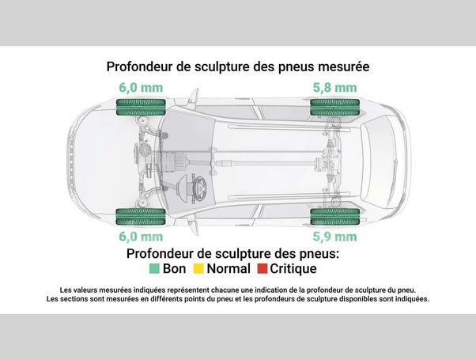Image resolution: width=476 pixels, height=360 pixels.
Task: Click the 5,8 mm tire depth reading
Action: pos(334,88)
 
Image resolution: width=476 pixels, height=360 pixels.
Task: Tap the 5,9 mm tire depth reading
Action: pos(334,237)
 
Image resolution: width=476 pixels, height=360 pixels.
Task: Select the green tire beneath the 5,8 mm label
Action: pos(334,107)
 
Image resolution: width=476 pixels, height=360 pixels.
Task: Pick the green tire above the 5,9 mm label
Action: pos(334,217)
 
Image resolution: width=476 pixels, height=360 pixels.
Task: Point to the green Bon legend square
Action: pos(154,268)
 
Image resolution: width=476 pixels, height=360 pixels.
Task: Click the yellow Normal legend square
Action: pos(198,268)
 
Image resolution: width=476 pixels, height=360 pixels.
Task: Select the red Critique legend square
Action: pos(263,268)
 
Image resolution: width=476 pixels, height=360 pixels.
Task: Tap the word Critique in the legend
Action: pos(293,269)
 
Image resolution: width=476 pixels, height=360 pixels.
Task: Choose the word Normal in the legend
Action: pos(229,268)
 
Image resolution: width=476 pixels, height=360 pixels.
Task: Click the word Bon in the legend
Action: pos(174,268)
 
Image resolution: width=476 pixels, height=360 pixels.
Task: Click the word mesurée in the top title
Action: pos(344,66)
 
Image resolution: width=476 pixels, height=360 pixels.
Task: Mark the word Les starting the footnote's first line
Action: pos(64,290)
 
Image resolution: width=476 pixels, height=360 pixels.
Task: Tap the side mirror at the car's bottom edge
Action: pos(195,228)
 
